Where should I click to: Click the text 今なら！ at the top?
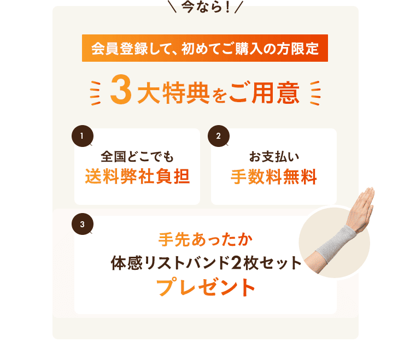pyautogui.click(x=205, y=7)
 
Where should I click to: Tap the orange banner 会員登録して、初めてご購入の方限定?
pyautogui.click(x=205, y=48)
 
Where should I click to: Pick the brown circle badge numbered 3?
pyautogui.click(x=82, y=224)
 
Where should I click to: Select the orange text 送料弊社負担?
pyautogui.click(x=137, y=178)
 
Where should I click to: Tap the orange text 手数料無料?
pyautogui.click(x=273, y=178)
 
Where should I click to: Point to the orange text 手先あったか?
pyautogui.click(x=205, y=240)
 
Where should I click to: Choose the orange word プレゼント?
pyautogui.click(x=206, y=287)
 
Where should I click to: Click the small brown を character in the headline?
pyautogui.click(x=218, y=96)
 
